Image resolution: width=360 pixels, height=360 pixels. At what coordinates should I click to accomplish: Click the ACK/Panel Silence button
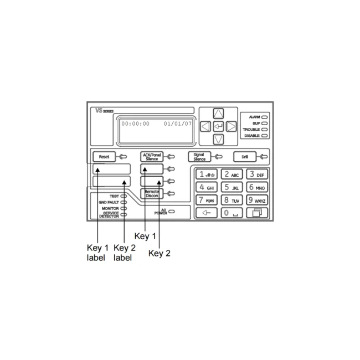point(152,157)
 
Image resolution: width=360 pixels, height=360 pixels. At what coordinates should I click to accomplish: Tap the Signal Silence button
point(199,157)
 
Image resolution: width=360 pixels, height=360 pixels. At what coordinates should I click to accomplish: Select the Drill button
point(245,157)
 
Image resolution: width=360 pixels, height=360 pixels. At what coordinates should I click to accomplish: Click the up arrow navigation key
point(218,114)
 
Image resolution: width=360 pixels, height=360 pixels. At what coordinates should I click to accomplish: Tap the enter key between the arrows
point(218,126)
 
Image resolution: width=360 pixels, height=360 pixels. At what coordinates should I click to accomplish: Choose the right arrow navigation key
point(231,126)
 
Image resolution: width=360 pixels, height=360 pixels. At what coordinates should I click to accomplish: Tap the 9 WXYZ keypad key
point(257,200)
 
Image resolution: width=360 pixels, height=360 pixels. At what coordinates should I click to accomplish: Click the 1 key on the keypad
point(207,174)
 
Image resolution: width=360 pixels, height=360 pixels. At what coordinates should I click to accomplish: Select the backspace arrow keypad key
point(207,213)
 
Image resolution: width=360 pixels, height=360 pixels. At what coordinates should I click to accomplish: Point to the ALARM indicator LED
point(265,117)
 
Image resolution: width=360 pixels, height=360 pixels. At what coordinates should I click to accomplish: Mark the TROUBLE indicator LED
point(265,130)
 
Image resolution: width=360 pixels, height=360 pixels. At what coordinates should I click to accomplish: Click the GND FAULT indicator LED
point(124,202)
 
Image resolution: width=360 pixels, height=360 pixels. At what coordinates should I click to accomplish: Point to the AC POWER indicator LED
point(172,212)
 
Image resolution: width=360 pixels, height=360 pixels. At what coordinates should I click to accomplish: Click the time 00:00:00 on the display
point(136,124)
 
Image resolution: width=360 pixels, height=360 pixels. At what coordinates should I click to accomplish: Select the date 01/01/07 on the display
point(178,124)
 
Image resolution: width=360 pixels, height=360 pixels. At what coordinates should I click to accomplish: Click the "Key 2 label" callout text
point(125,253)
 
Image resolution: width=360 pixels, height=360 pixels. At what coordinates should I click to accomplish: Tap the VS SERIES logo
point(105,111)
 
